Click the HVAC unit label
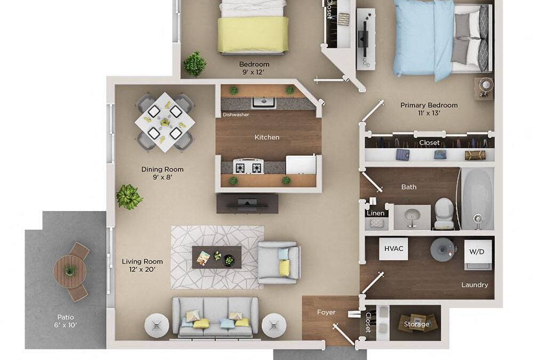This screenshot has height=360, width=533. pos(393,249)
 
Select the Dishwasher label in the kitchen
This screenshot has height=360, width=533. pos(236,115)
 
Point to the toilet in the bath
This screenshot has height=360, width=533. pos(443,213)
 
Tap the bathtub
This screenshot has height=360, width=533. pos(477,198)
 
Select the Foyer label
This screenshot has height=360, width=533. pos(326,312)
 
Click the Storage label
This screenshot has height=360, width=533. pos(416,324)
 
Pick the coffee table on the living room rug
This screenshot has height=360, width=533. pos(216,257)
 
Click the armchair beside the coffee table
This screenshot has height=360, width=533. pos(279,262)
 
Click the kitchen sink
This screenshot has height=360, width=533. pos(263,101)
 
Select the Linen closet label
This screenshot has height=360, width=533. pos(375,213)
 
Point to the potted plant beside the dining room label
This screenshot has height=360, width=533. pos(129,197)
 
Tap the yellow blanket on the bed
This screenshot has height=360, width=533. pos(253,34)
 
